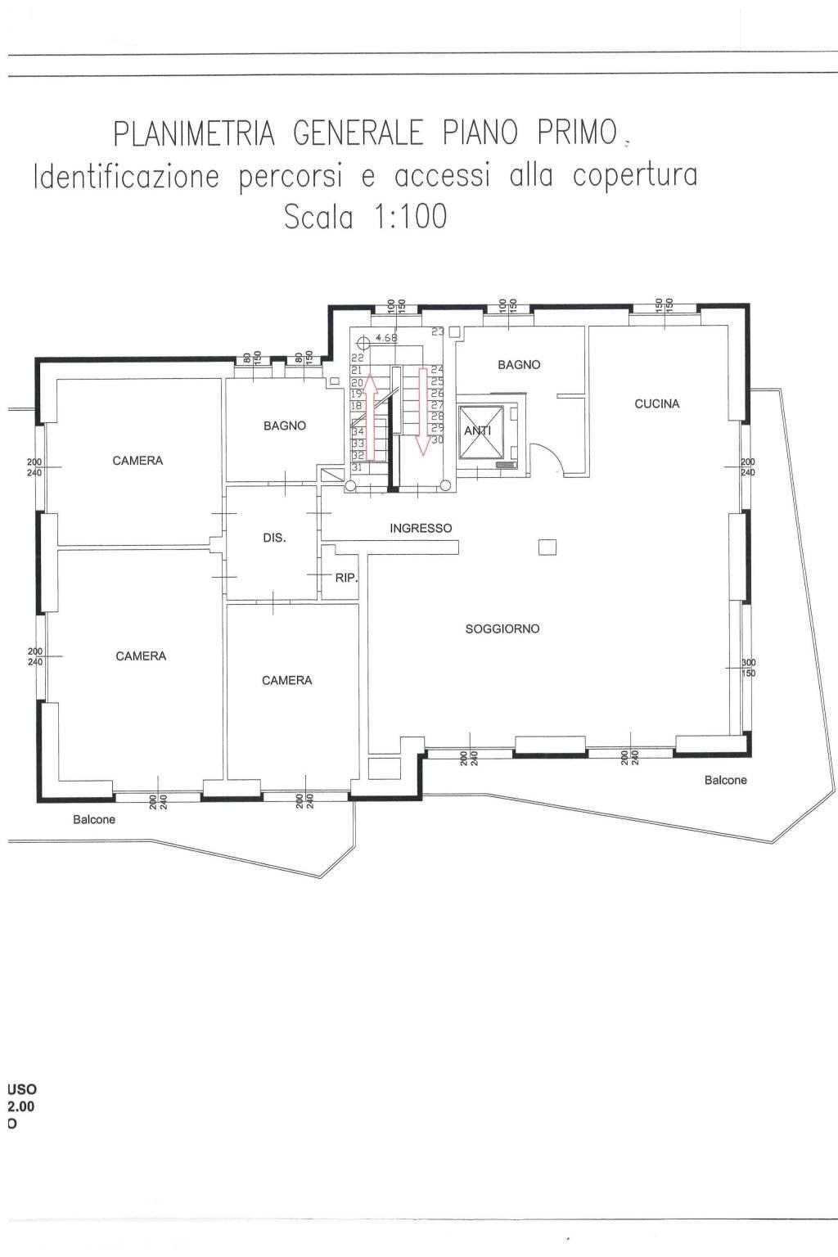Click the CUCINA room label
point(657,403)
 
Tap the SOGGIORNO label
point(502,628)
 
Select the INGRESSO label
point(421,529)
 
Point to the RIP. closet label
point(346,578)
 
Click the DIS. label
point(274,538)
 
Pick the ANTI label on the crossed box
point(478,430)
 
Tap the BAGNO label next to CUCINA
point(519,365)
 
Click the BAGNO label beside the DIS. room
point(285,426)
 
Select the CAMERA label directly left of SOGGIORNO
point(286,680)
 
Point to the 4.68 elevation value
point(386,337)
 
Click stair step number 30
point(437,440)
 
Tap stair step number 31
point(357,467)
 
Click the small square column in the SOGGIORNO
point(547,547)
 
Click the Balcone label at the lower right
point(725,780)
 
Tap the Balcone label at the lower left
point(94,819)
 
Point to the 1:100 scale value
point(409,217)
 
